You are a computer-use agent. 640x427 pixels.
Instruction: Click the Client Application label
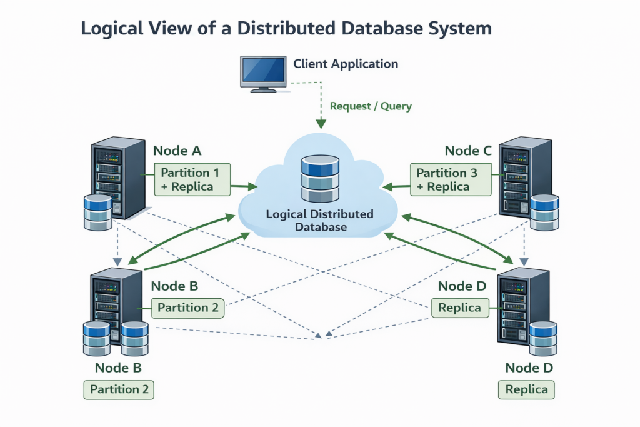(345, 64)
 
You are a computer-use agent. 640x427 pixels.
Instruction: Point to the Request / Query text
(371, 106)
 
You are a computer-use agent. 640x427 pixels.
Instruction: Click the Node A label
(177, 151)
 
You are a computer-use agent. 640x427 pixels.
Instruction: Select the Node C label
(468, 151)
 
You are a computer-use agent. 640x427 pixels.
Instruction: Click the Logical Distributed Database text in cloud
(319, 221)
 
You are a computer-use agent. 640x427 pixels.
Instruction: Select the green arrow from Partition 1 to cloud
(244, 186)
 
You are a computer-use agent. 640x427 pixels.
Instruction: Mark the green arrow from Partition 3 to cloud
(396, 186)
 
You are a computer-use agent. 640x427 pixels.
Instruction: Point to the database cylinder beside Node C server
(544, 213)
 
